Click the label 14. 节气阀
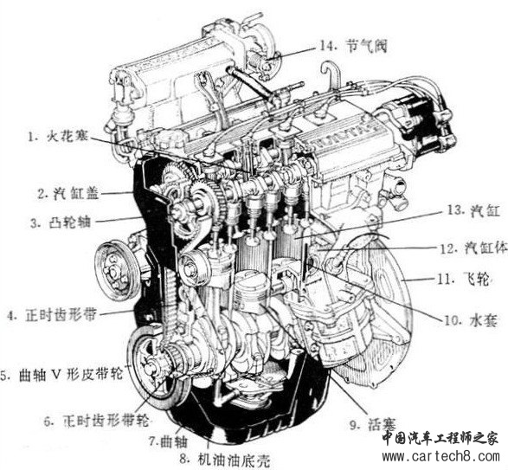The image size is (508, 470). [x=353, y=46]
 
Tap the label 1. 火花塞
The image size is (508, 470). [x=58, y=136]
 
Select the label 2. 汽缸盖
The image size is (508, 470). [x=68, y=194]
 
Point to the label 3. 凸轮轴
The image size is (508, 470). [x=61, y=222]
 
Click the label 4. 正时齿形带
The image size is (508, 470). [x=52, y=315]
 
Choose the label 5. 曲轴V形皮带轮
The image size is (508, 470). [x=61, y=375]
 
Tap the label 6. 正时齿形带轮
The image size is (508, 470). [x=97, y=421]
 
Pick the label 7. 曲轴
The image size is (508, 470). [x=168, y=441]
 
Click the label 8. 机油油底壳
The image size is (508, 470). [x=224, y=459]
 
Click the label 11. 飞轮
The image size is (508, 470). [x=463, y=279]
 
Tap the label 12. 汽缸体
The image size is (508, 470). [x=473, y=248]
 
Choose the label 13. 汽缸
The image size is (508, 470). [x=473, y=210]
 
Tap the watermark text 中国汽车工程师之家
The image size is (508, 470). [x=440, y=439]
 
